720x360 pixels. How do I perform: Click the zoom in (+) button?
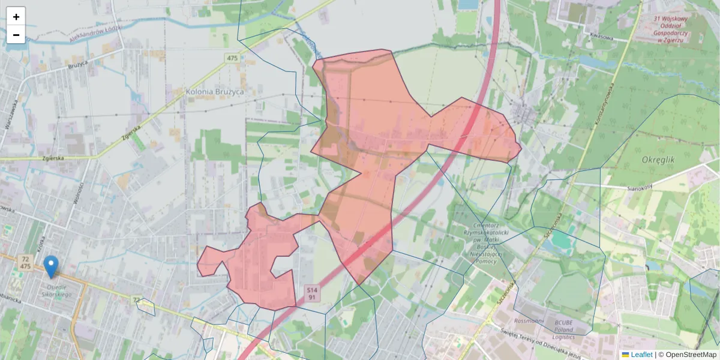click(x=16, y=16)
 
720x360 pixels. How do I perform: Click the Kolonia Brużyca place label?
click(x=215, y=92)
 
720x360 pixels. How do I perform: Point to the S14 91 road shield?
click(x=311, y=293)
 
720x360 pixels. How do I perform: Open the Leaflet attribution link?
click(x=641, y=355)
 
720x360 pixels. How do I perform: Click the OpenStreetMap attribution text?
click(x=690, y=355)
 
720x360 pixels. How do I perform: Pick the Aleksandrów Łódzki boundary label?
click(x=96, y=34)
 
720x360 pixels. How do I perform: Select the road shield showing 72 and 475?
click(x=25, y=262)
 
